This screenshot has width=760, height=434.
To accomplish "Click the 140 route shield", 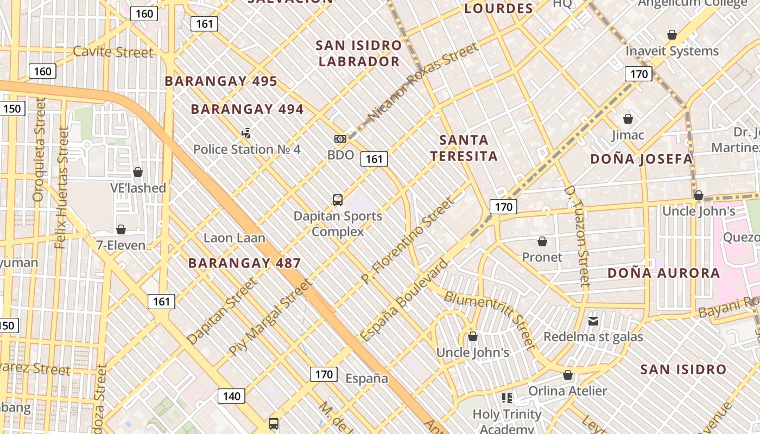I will tap(231, 396).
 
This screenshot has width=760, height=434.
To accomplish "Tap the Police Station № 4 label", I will tap(246, 149).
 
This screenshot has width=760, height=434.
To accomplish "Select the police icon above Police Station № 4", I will tap(246, 133).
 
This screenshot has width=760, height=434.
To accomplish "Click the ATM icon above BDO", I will tap(340, 139).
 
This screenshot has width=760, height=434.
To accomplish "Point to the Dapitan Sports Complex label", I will tap(338, 224).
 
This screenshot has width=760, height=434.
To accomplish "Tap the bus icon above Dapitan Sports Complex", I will tap(338, 200).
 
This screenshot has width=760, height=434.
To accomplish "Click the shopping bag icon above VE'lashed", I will tap(138, 172).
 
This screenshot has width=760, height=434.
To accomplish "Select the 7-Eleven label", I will tap(121, 245).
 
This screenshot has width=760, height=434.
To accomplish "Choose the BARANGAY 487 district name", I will tap(244, 264).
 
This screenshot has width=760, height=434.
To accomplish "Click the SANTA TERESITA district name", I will tap(464, 148).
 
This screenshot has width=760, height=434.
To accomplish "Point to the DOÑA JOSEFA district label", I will tap(641, 159).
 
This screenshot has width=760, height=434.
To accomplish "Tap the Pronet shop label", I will tap(542, 257).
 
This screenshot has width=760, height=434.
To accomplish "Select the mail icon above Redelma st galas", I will tap(593, 321).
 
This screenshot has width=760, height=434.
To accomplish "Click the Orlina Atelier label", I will tap(568, 391).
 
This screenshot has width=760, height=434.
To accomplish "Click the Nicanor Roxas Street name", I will tap(423, 82).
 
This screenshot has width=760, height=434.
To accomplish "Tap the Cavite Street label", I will tap(113, 52).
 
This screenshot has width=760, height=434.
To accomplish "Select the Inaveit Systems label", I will tap(672, 51).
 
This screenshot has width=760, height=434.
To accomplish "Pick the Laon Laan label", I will tap(235, 238).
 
